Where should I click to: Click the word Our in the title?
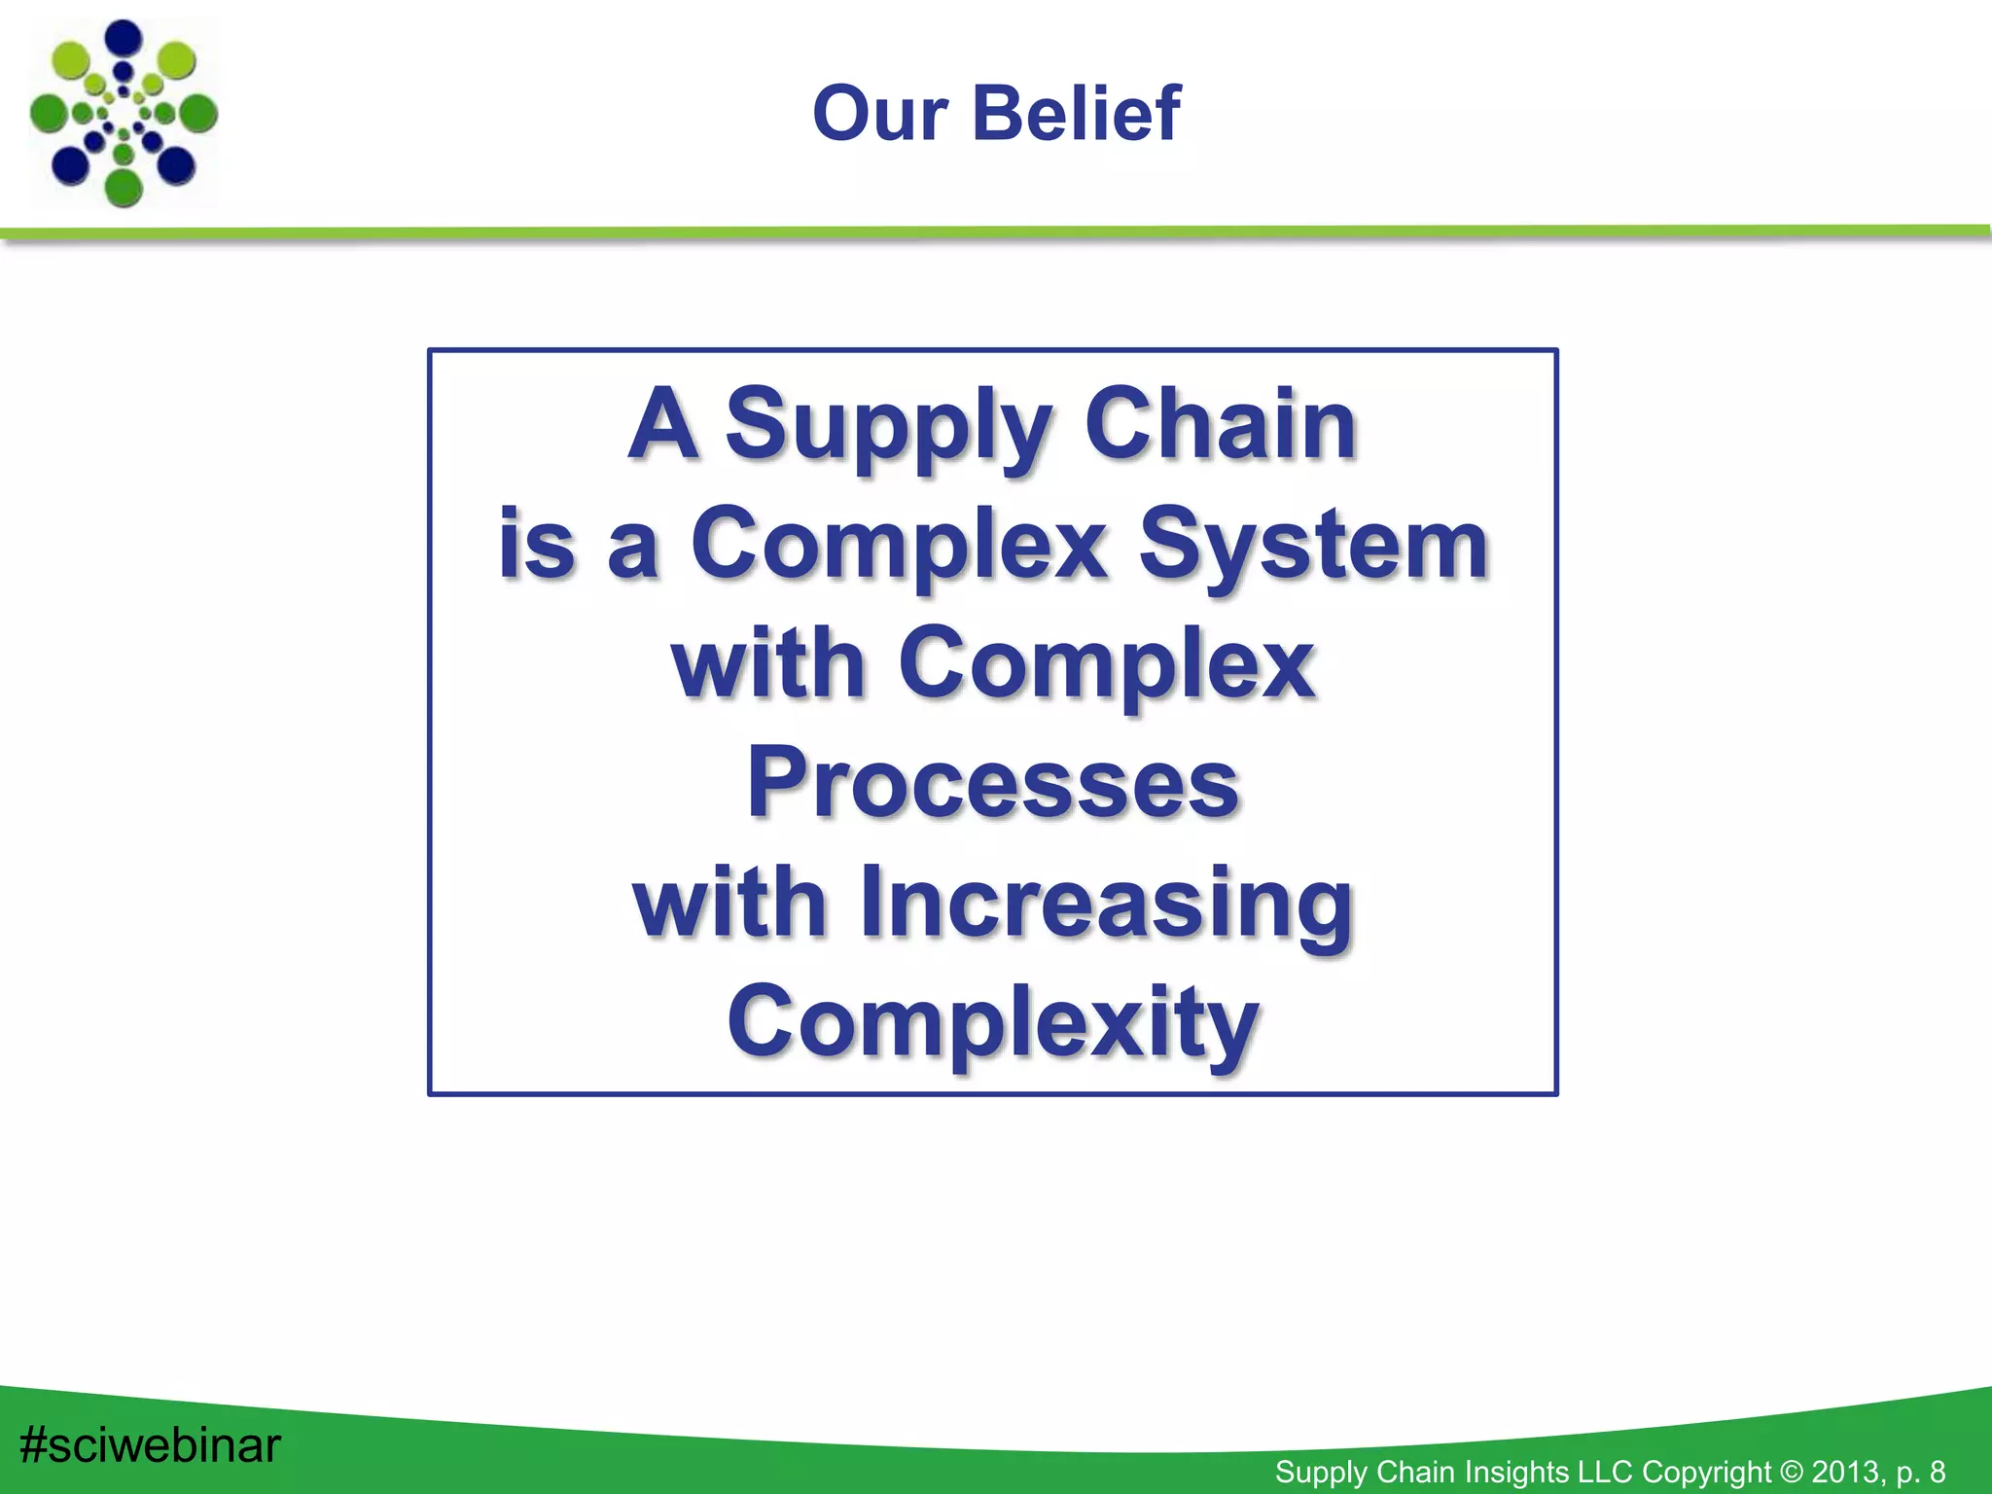(880, 114)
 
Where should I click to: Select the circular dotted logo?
(124, 113)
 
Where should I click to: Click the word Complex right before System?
(899, 547)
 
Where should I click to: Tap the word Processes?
(992, 783)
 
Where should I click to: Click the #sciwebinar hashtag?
(150, 1446)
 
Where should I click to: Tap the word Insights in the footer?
(1507, 1472)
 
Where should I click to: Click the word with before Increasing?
(729, 904)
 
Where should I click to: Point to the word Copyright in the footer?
(1707, 1472)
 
